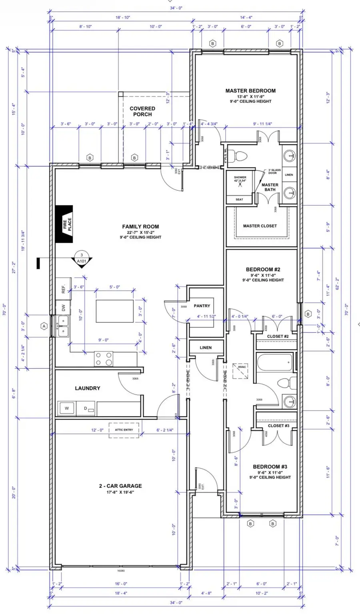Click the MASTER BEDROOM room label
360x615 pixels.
click(x=250, y=91)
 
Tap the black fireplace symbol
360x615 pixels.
click(x=64, y=224)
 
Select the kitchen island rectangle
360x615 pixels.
click(x=115, y=311)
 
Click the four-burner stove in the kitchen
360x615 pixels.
click(x=104, y=359)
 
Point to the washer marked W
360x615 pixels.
click(x=67, y=408)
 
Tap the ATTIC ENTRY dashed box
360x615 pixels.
click(x=124, y=430)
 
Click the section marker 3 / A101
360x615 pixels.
click(x=82, y=258)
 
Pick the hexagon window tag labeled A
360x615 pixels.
click(x=44, y=326)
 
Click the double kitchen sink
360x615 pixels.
click(x=63, y=326)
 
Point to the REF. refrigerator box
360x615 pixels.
click(x=63, y=289)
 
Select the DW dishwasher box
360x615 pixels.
click(x=63, y=307)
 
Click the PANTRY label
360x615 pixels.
click(x=202, y=306)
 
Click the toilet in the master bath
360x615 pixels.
click(x=242, y=155)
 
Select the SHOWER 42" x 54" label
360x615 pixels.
click(x=240, y=179)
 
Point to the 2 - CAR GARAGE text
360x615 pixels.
click(x=120, y=486)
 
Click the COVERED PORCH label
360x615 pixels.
click(x=142, y=111)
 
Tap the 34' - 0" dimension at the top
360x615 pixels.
click(x=176, y=8)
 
